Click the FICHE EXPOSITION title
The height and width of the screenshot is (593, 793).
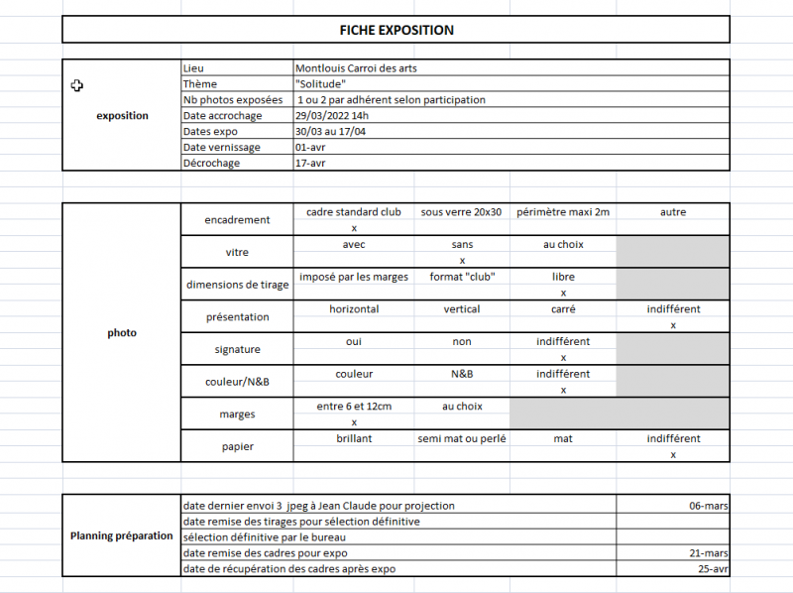(x=396, y=30)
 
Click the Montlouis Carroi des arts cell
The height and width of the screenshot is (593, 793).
(x=358, y=67)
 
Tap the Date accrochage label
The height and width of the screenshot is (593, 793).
(x=223, y=115)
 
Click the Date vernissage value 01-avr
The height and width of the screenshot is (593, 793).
(x=310, y=147)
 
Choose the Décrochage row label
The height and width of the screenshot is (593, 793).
(x=211, y=163)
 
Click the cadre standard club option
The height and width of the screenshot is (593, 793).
(x=354, y=212)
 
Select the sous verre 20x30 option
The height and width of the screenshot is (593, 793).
(x=462, y=212)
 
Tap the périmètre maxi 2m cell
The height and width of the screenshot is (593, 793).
(x=563, y=212)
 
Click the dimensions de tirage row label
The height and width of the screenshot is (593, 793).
(x=238, y=285)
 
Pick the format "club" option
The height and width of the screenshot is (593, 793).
(x=462, y=277)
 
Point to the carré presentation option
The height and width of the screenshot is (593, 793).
(x=563, y=309)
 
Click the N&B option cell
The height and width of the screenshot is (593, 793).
(x=462, y=374)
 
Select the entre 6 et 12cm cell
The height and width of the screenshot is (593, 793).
(x=354, y=407)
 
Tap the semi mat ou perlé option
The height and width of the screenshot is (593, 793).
(x=462, y=438)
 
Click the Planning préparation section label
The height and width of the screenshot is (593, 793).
(x=122, y=535)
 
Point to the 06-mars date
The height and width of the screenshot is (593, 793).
(x=709, y=505)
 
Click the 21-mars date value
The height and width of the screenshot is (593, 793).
(x=709, y=552)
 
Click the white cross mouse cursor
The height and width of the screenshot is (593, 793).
(x=77, y=86)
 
